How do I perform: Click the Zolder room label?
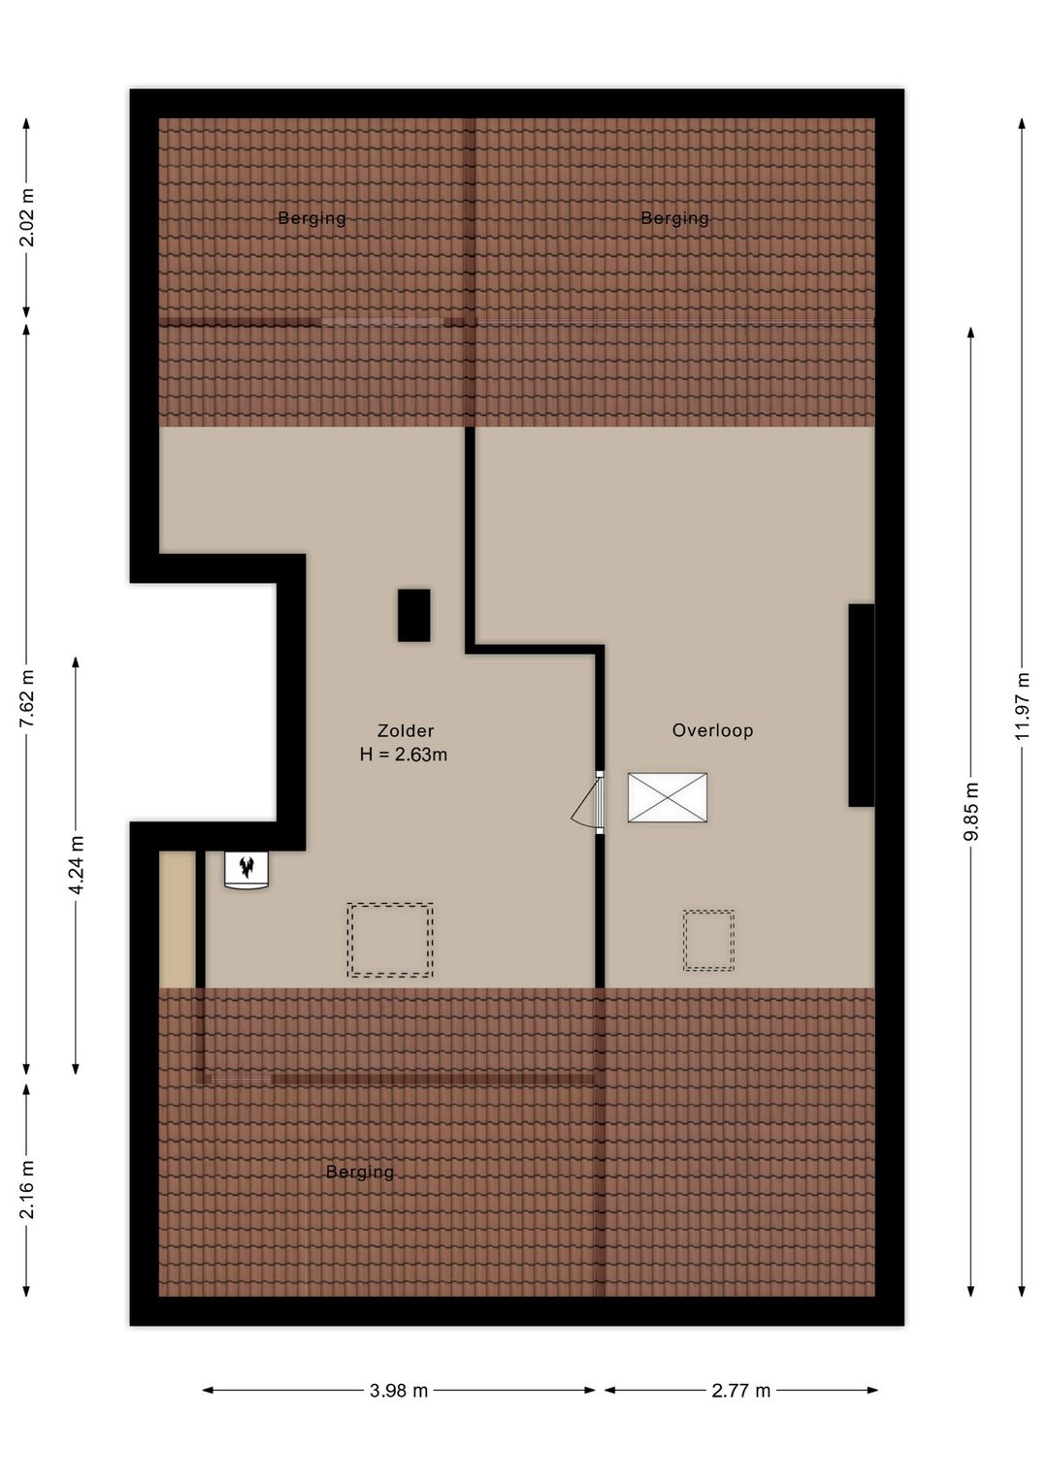406,730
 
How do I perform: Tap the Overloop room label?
713,730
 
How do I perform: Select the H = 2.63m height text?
404,755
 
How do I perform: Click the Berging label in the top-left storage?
311,218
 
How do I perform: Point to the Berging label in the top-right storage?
674,218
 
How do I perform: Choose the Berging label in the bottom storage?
360,1173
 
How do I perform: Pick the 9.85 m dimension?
971,812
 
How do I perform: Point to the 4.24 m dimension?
77,865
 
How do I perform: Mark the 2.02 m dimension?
27,217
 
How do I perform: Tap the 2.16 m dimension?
27,1189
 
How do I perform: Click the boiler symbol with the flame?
246,870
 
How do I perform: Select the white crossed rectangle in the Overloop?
668,797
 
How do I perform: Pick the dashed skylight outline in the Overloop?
708,941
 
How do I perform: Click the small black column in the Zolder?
414,615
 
